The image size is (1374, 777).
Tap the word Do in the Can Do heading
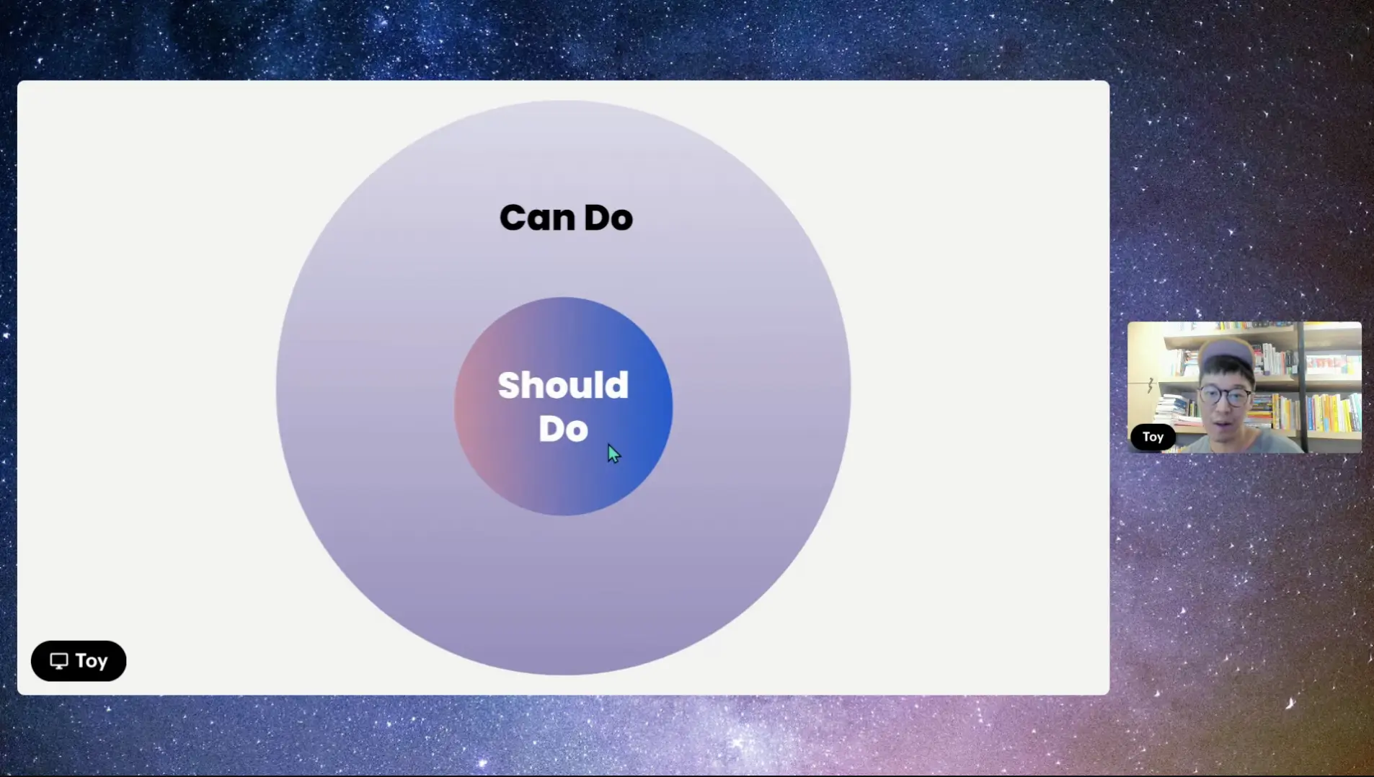[608, 218]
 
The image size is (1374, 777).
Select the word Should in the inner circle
[563, 385]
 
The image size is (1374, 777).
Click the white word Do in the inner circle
[563, 429]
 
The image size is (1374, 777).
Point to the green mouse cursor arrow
[613, 453]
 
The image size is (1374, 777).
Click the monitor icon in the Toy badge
[59, 661]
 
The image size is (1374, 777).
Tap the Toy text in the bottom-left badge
[92, 661]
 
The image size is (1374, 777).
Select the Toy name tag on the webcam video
[1153, 437]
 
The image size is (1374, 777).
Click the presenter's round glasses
[1225, 396]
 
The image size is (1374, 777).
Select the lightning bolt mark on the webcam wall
[1151, 386]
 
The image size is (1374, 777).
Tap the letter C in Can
[513, 218]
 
